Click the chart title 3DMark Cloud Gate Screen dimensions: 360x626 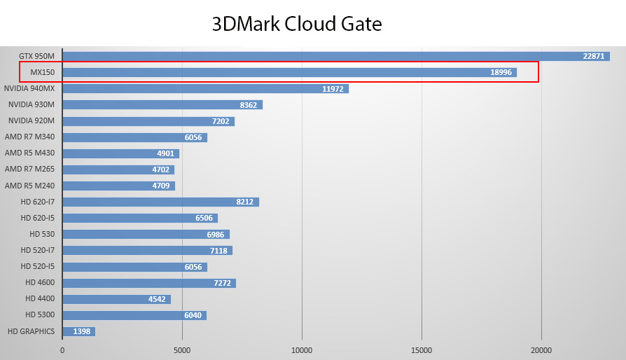tap(297, 25)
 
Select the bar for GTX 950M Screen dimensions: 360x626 tap(335, 56)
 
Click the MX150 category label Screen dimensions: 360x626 tap(42, 72)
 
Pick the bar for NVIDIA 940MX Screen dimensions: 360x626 tap(205, 89)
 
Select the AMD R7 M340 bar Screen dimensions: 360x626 tap(134, 137)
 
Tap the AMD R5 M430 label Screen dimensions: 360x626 tap(29, 153)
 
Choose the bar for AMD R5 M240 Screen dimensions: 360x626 tap(118, 186)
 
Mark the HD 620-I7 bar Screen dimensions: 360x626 tap(160, 202)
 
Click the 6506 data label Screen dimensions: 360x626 tap(204, 218)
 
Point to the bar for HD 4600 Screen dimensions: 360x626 tap(148, 283)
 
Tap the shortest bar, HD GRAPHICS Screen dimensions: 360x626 tap(78, 331)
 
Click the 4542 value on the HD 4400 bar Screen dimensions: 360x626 tap(157, 299)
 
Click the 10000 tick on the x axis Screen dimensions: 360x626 tap(302, 349)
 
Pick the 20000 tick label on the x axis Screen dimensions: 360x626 tap(541, 349)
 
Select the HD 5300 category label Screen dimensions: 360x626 tap(40, 315)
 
